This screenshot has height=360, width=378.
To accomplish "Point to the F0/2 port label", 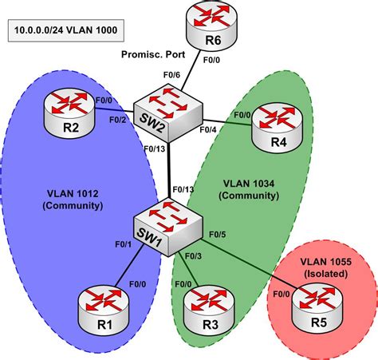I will pyautogui.click(x=117, y=119).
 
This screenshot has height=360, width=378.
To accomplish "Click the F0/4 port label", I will pyautogui.click(x=208, y=129).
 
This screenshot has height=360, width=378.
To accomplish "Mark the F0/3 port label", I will pyautogui.click(x=193, y=255).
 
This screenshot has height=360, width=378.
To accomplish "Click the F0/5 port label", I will pyautogui.click(x=218, y=235).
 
